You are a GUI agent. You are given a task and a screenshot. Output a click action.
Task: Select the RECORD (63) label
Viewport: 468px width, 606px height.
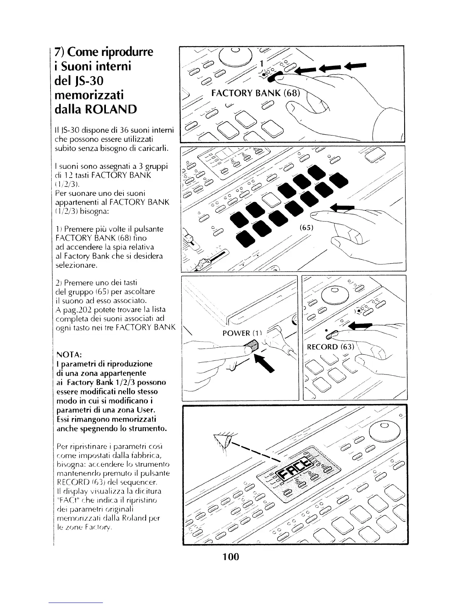[331, 347]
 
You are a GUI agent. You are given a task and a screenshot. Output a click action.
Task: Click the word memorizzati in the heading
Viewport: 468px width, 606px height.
[89, 95]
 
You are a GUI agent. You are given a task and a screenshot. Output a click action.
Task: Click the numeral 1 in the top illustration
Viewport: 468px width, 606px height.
[262, 63]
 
